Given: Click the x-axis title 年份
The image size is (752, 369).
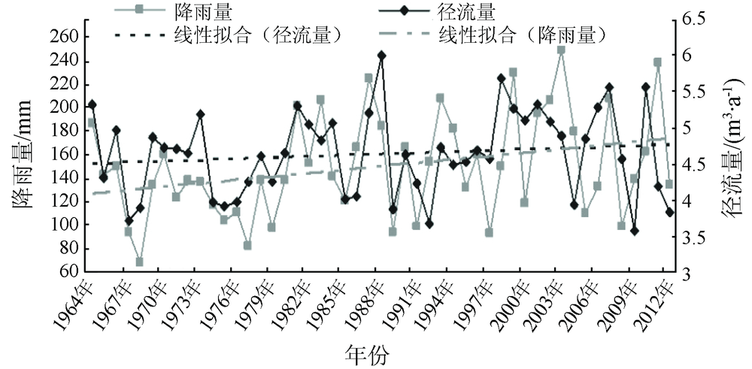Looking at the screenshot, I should click(x=368, y=352).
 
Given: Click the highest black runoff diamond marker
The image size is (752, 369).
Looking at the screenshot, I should click(x=381, y=55).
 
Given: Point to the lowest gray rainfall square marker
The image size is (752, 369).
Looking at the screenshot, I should click(x=140, y=262).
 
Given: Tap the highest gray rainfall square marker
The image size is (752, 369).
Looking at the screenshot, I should click(x=561, y=50).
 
